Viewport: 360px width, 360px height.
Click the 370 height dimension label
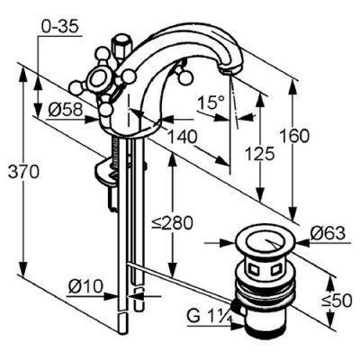pyautogui.click(x=23, y=173)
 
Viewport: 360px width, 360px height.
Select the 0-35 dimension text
pyautogui.click(x=59, y=27)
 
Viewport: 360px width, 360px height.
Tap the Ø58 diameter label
pyautogui.click(x=65, y=110)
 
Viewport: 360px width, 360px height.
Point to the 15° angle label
pyautogui.click(x=211, y=103)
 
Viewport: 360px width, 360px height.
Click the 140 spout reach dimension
pyautogui.click(x=182, y=137)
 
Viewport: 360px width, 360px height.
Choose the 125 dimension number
pyautogui.click(x=259, y=154)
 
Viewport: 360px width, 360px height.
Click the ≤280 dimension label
pyautogui.click(x=172, y=223)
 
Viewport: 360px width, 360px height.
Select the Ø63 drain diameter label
pyautogui.click(x=328, y=233)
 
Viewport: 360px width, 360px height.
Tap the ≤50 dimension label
pyautogui.click(x=337, y=301)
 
